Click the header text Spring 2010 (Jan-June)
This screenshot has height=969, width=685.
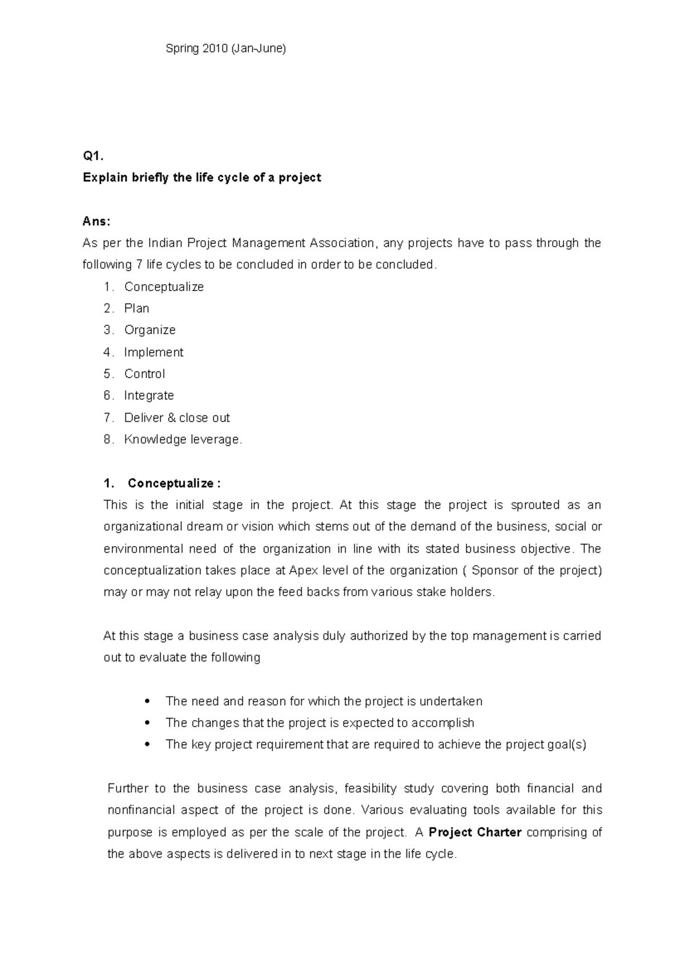225,49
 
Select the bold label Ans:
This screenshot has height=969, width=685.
96,221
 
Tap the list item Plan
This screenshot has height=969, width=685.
137,309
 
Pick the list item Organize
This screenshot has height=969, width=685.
150,330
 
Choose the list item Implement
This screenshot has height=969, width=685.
154,353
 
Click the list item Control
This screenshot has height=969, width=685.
144,374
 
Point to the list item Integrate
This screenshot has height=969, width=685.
149,396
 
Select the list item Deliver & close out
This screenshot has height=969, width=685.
177,418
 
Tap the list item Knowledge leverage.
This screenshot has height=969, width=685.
183,440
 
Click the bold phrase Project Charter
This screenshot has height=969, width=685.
475,833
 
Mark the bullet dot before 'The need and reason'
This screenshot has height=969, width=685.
148,701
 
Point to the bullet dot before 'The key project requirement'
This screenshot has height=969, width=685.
148,745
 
